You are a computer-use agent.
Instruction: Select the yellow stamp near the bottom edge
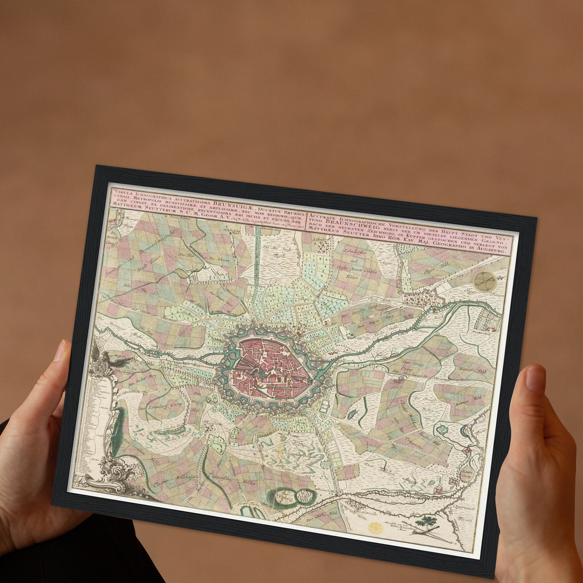pos(375,528)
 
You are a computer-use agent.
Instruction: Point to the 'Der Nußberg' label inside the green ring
pos(285,495)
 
